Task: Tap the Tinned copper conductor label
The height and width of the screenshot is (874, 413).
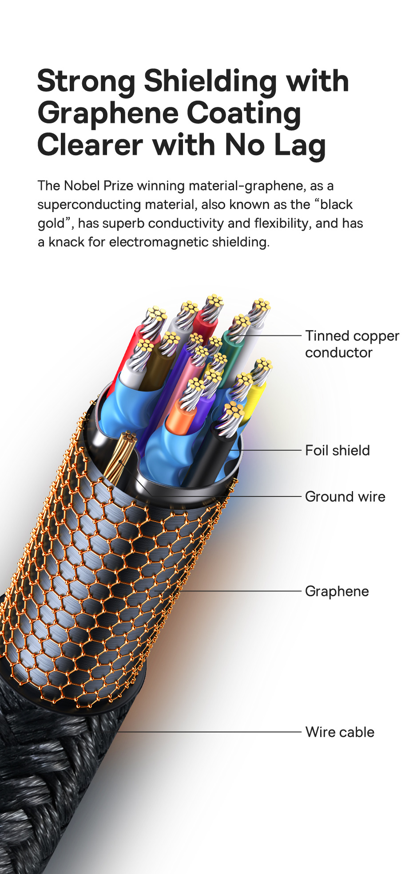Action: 352,344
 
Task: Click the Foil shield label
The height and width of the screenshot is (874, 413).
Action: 338,450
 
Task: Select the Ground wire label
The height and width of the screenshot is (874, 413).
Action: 345,496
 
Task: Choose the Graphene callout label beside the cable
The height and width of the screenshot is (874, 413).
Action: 337,591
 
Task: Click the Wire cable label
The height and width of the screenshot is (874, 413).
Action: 340,732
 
